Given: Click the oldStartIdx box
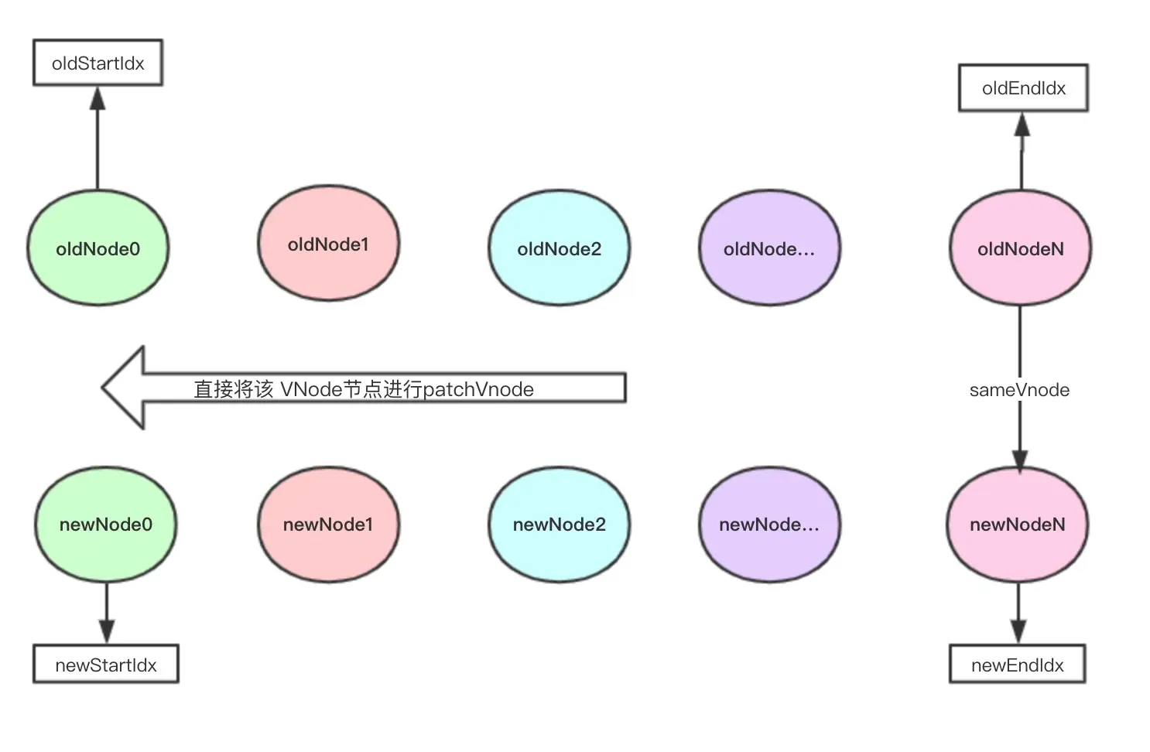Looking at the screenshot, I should [x=98, y=63].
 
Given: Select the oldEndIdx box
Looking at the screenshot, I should [x=1023, y=88].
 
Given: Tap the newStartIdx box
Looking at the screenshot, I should [x=106, y=665].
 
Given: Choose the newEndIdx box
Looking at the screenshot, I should [x=1017, y=665].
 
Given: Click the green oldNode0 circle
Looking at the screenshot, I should [x=98, y=248].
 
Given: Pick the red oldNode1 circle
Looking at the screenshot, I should [x=328, y=244].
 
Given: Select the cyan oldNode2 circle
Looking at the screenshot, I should [x=559, y=248].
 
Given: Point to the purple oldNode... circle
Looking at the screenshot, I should [x=769, y=248].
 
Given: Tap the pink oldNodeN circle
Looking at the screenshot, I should [x=1020, y=248].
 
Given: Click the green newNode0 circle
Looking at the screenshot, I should [x=105, y=525].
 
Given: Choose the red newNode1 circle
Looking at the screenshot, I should [x=328, y=525].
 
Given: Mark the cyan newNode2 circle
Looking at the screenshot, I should [x=559, y=525].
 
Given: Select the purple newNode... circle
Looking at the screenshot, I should [x=769, y=525].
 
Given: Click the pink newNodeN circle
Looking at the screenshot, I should [x=1018, y=525].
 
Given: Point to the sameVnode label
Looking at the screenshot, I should [x=1019, y=390].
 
